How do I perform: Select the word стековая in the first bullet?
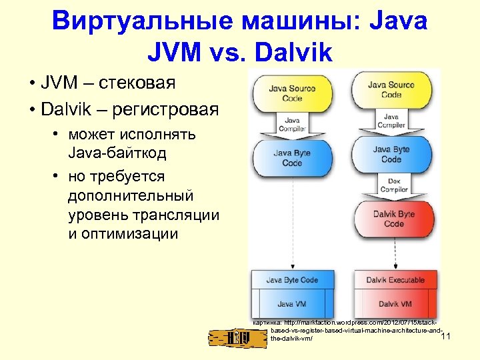[x=137, y=83]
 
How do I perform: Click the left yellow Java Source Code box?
[x=292, y=94]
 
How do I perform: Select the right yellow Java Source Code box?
[x=391, y=89]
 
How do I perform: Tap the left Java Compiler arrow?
[x=292, y=125]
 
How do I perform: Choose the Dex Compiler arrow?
[x=393, y=185]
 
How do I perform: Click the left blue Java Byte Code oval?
[x=292, y=158]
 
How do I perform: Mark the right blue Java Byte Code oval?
[x=391, y=154]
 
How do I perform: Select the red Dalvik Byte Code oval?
[x=393, y=219]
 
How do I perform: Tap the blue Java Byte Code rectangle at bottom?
[x=292, y=280]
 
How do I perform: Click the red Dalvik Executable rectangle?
[x=395, y=280]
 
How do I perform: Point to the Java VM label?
[x=292, y=304]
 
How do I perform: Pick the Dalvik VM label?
[x=395, y=304]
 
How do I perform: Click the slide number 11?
[x=446, y=336]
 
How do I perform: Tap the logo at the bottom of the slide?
[x=237, y=339]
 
